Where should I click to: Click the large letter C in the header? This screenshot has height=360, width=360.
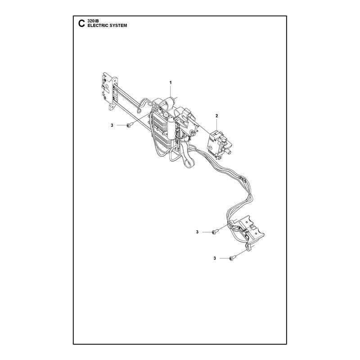coord(81,23)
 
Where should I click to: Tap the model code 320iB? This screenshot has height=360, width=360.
coord(93,21)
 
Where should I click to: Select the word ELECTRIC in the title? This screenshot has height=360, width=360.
coord(97,26)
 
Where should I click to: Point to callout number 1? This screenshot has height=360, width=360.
coord(171,82)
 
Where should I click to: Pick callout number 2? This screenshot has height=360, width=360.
coord(216,116)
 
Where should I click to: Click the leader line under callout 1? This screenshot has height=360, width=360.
coord(171,91)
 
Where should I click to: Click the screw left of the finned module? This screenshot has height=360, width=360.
coord(128,125)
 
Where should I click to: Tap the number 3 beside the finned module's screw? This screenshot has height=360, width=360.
coord(112,126)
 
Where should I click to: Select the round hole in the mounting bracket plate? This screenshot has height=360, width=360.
coord(107,87)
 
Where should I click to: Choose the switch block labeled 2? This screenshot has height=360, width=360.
coord(219,144)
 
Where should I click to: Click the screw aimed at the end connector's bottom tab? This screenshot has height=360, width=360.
coord(231,258)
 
